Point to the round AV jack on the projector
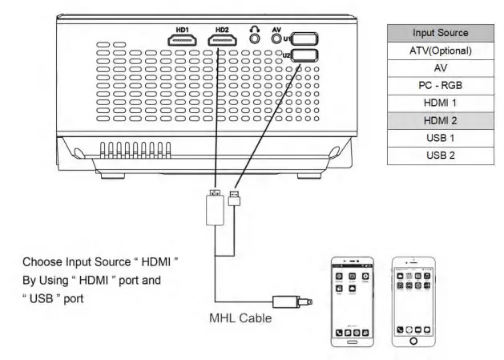tap(279, 37)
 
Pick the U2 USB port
tap(305, 55)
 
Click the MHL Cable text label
tap(241, 317)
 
